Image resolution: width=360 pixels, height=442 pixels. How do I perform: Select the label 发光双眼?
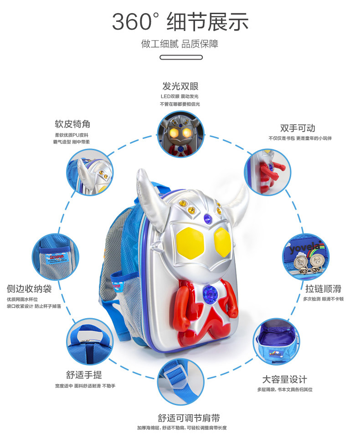click(180, 86)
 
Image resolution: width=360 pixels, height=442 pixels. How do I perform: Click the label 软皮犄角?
click(72, 124)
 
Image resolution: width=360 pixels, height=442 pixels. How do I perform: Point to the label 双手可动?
click(298, 128)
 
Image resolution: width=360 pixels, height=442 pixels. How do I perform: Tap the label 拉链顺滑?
click(323, 288)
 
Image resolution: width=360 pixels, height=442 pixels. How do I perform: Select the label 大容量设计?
click(285, 379)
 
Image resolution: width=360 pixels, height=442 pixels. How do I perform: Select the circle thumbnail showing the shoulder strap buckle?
click(180, 381)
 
